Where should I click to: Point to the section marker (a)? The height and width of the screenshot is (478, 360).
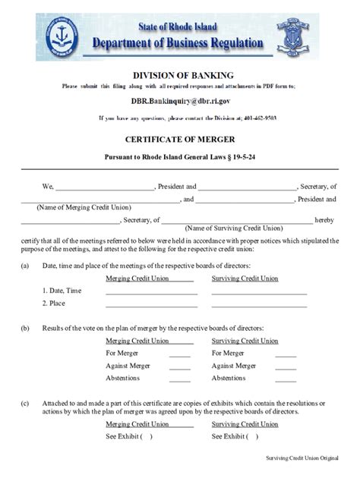(x=25, y=265)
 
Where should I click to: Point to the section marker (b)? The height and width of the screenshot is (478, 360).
(x=25, y=327)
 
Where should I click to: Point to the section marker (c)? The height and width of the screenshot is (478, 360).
(x=25, y=403)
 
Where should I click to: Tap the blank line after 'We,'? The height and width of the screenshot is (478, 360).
(x=106, y=187)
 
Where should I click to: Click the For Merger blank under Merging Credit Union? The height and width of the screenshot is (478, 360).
(x=179, y=354)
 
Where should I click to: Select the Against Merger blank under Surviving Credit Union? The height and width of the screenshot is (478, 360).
(x=286, y=366)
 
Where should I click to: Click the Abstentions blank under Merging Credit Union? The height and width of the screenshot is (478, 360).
(x=179, y=378)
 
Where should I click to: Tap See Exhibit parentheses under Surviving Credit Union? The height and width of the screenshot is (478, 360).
(x=251, y=437)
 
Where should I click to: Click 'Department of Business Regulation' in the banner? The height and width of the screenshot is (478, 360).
(x=179, y=43)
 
